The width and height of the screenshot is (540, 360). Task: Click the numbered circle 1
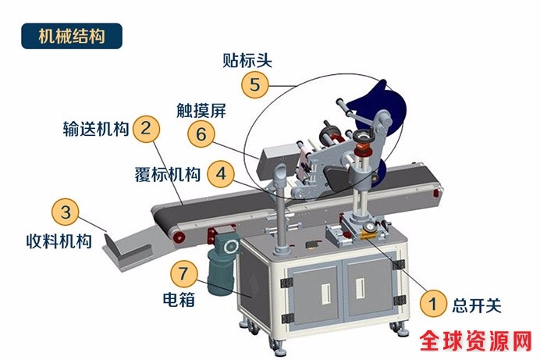(x=433, y=304)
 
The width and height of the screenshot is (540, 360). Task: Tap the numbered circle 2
(x=147, y=129)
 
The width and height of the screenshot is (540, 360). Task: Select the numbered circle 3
(x=66, y=212)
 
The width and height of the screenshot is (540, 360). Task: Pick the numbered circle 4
(x=221, y=173)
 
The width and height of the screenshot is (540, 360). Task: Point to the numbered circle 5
(x=255, y=84)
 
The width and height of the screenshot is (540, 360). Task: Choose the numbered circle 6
(x=201, y=134)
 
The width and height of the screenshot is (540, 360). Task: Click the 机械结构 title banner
(x=72, y=36)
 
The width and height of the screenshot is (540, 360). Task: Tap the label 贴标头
(x=247, y=60)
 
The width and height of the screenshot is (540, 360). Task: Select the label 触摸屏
(x=201, y=111)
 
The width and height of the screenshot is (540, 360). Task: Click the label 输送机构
(x=96, y=129)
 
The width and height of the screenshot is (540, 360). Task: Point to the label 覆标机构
(x=167, y=174)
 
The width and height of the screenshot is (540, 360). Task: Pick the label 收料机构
(x=59, y=241)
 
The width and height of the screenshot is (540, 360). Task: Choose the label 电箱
(x=179, y=299)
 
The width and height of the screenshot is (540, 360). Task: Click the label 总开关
(x=477, y=305)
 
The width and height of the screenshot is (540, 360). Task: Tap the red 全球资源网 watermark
(x=475, y=340)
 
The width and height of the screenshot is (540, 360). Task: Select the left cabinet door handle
(x=325, y=294)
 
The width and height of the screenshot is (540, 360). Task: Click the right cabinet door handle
(x=360, y=288)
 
